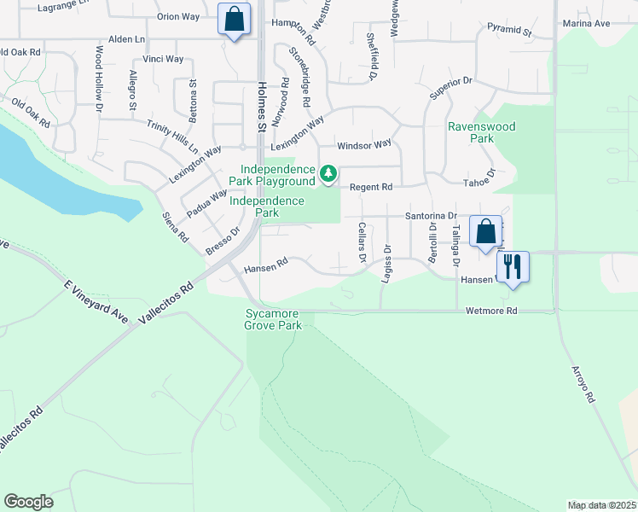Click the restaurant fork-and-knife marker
tap(512, 266)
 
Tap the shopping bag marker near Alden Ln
tap(234, 19)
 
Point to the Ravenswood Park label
tap(482, 132)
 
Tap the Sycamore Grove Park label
tap(274, 320)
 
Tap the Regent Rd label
tap(374, 187)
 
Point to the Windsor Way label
tap(363, 146)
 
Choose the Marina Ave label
tap(586, 24)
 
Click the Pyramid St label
tap(510, 31)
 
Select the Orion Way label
tap(177, 17)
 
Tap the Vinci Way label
tap(163, 59)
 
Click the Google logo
tap(28, 502)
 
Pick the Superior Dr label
tap(450, 86)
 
